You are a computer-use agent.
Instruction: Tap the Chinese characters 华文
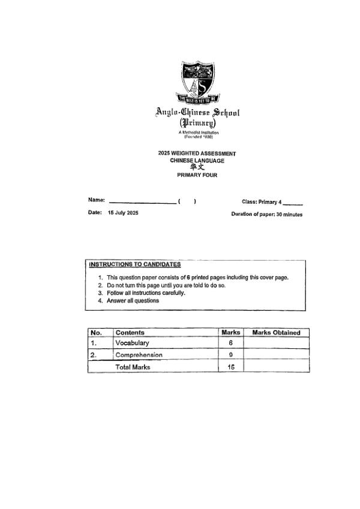pos(197,168)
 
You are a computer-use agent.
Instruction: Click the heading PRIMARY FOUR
pos(197,175)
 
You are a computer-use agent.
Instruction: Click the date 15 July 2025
pos(123,213)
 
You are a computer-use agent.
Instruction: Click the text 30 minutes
pos(289,214)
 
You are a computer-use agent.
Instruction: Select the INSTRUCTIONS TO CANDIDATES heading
pos(134,264)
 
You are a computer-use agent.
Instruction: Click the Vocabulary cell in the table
pos(132,343)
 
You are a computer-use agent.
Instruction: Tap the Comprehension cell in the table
pos(139,355)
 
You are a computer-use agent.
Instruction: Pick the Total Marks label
pos(133,367)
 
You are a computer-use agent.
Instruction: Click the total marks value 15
pos(231,367)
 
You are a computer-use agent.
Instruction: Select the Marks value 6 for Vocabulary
pos(231,343)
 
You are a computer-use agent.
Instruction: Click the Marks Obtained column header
pos(276,333)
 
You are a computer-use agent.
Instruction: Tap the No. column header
pos(96,333)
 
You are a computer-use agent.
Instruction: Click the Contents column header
pos(130,333)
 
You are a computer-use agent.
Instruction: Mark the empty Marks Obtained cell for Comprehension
pos(276,355)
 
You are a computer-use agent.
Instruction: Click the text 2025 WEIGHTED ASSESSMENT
pos(197,154)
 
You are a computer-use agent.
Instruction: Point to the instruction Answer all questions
pos(133,301)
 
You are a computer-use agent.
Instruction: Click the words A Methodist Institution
pos(198,132)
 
